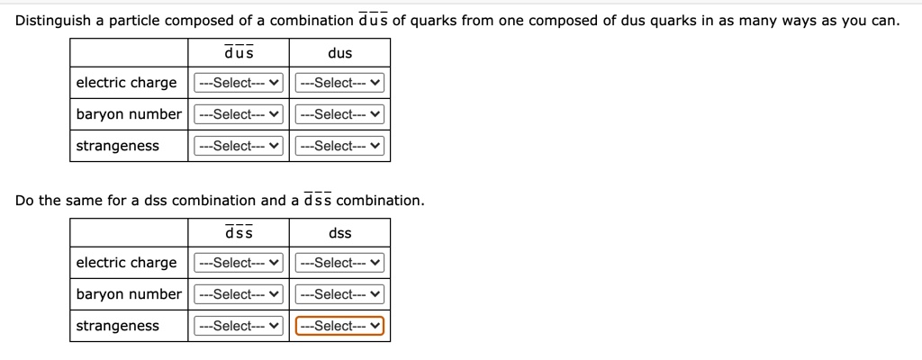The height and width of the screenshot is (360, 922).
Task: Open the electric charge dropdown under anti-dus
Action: click(x=239, y=83)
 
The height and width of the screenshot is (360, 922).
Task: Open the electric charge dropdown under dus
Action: click(x=340, y=83)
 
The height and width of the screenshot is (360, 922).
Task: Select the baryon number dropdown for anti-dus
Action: click(x=239, y=114)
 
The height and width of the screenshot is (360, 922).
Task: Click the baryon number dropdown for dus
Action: click(x=340, y=114)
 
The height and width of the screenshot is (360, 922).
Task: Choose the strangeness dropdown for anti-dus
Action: click(x=239, y=146)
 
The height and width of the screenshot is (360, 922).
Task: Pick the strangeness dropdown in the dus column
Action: click(x=340, y=146)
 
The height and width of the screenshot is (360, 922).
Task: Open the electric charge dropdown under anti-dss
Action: click(x=239, y=263)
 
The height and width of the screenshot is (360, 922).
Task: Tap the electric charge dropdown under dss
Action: click(x=340, y=263)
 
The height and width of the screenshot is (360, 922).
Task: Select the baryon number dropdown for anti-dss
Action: click(x=239, y=294)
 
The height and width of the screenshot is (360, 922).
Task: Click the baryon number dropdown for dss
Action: click(x=340, y=294)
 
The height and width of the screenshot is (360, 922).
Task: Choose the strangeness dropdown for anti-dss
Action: click(x=239, y=326)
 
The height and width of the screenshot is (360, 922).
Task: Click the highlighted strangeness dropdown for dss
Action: click(x=340, y=326)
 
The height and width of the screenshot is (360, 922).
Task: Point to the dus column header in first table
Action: click(x=340, y=53)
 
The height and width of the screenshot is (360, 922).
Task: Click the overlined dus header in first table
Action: click(x=239, y=53)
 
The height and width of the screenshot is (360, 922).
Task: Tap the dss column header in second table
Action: click(x=340, y=233)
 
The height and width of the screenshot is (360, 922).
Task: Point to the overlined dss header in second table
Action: click(x=239, y=233)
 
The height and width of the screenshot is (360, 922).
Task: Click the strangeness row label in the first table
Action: click(x=118, y=146)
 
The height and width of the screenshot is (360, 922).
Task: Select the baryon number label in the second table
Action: click(x=129, y=294)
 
